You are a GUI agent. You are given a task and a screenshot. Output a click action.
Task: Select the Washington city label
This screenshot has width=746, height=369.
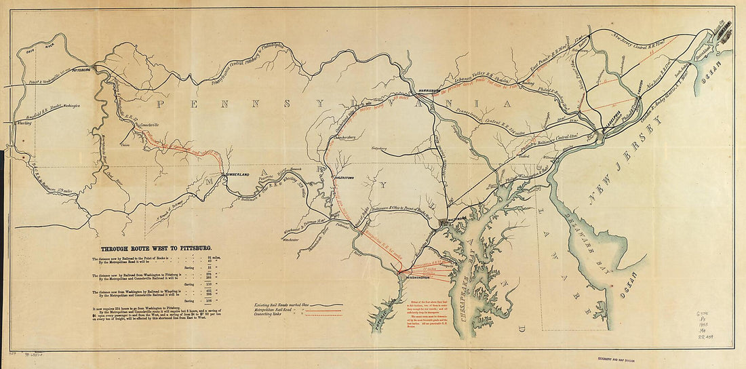[416, 278]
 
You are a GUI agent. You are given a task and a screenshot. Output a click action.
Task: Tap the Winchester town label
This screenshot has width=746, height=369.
[290, 239]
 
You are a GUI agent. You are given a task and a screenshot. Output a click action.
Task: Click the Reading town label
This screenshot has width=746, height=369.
[524, 84]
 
